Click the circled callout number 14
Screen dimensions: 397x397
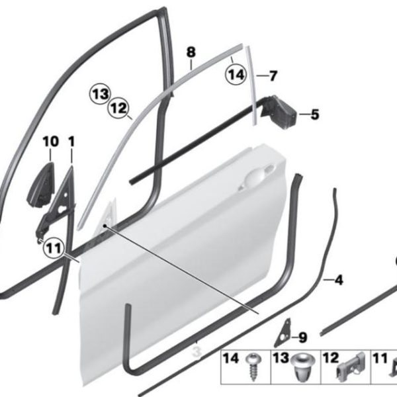tap(236, 75)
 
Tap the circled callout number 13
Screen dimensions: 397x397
tap(101, 94)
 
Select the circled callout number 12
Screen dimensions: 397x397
tap(118, 109)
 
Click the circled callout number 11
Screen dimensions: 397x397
tap(54, 248)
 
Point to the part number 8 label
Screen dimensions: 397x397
tap(191, 52)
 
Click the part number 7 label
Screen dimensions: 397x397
tap(273, 75)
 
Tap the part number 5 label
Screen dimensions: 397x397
tap(315, 114)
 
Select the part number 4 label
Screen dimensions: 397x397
tap(339, 280)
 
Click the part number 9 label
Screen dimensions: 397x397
tap(302, 337)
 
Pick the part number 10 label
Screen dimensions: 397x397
tap(51, 142)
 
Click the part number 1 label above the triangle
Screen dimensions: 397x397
tap(71, 142)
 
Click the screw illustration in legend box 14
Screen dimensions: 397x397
tap(253, 367)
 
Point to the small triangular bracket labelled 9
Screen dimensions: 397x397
tap(283, 333)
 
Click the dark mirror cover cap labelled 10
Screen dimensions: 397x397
tap(40, 185)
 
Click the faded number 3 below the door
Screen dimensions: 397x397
tap(197, 352)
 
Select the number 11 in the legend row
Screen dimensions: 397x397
tap(380, 359)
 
